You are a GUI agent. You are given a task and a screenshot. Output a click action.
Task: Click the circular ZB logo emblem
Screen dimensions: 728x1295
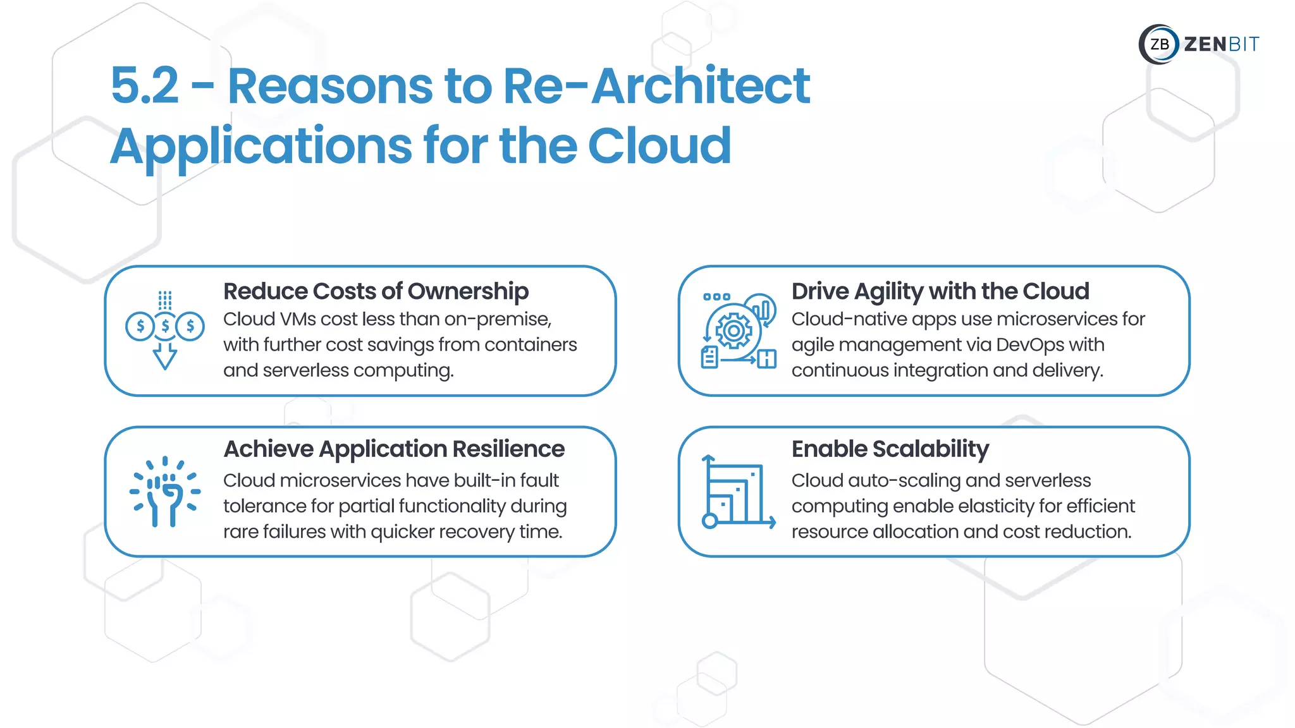pos(1158,44)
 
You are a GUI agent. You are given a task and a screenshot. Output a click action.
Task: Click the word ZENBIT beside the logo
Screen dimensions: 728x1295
pos(1221,44)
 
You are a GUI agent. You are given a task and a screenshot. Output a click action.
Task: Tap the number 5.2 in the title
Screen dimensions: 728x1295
pos(145,86)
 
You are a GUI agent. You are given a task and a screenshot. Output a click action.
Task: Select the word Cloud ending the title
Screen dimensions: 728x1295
pos(660,146)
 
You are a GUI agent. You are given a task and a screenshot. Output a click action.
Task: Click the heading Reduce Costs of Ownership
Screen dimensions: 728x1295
pos(376,291)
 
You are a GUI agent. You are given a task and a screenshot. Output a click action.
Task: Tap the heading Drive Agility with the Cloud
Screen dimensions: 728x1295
pos(940,291)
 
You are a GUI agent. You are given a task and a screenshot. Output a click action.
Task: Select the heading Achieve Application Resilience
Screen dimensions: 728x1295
pos(394,449)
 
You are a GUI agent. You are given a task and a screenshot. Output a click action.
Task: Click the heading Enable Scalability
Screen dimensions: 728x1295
pos(890,449)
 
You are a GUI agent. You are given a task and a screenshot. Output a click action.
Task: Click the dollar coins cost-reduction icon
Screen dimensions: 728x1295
pos(165,326)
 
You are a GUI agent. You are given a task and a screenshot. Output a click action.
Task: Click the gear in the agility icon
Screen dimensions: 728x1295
pos(733,331)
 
